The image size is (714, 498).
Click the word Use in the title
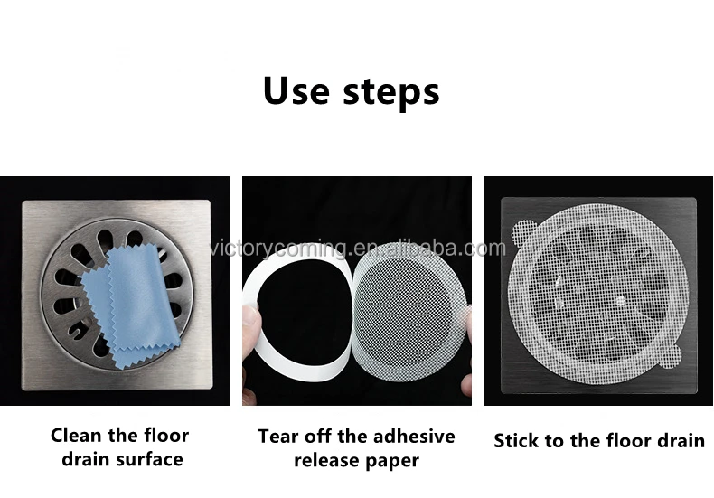pos(295,91)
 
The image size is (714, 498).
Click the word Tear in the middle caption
pos(277,437)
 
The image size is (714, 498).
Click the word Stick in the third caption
pos(517,441)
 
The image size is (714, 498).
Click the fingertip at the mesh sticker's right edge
pos(465,316)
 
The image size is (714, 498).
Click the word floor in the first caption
pos(164,435)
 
